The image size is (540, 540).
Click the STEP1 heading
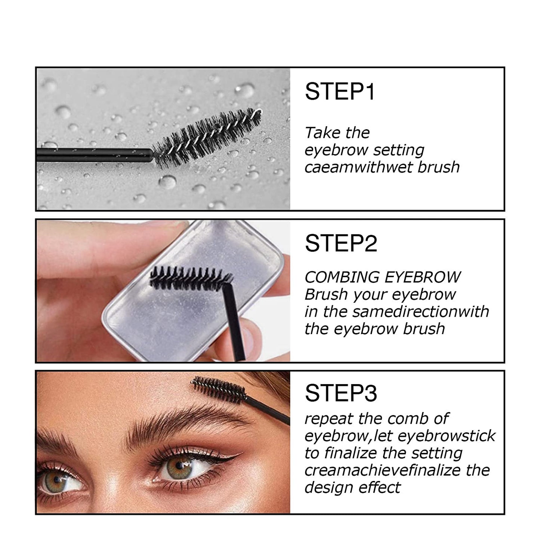[x=339, y=92]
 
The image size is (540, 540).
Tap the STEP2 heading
[x=341, y=244]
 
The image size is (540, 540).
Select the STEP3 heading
[x=341, y=393]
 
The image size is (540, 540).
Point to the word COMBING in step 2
[x=342, y=277]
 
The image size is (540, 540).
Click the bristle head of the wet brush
[x=207, y=136]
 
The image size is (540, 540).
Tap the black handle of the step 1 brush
[x=93, y=154]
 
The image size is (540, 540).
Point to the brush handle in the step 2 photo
[x=235, y=325]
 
